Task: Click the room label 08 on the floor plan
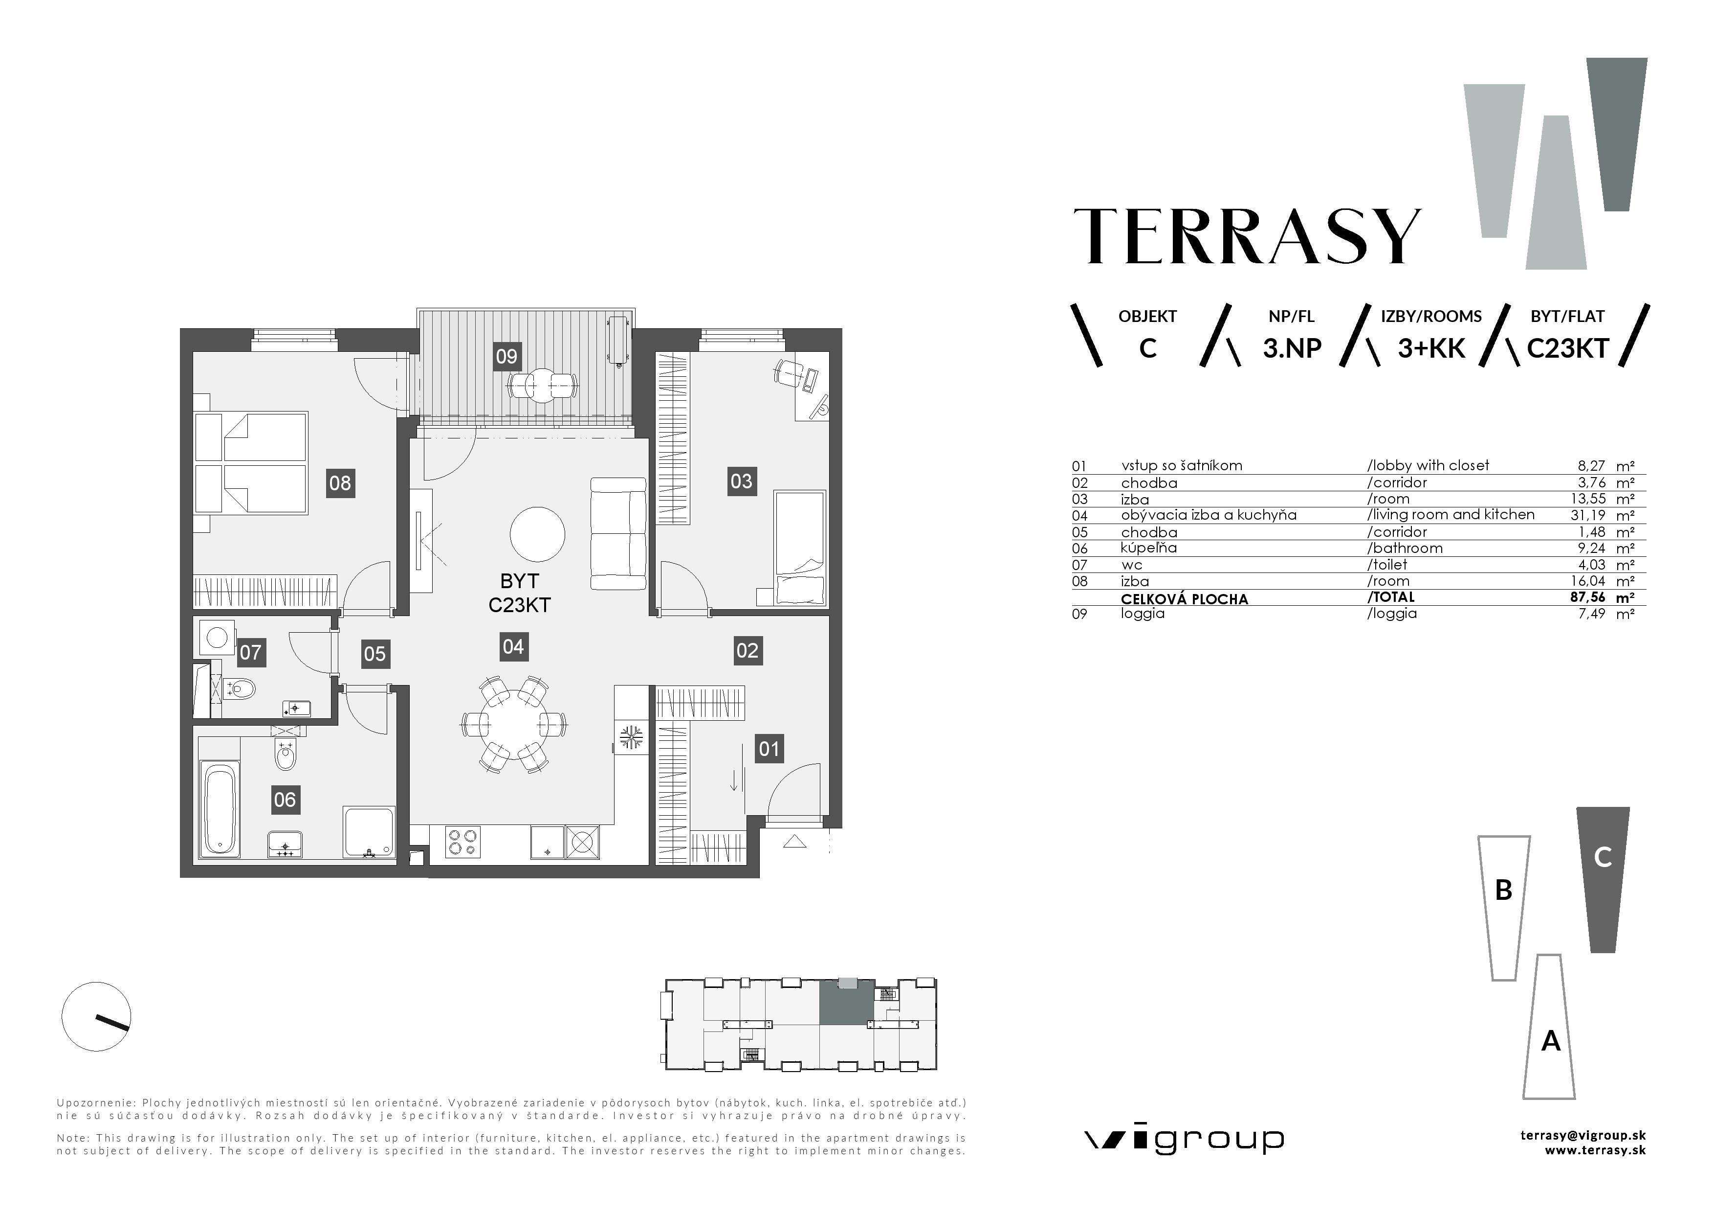tap(340, 483)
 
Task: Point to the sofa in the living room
tap(618, 534)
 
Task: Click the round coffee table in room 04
tap(537, 534)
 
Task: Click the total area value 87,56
tap(1587, 597)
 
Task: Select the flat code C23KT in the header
tap(1566, 349)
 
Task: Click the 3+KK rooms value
tap(1430, 349)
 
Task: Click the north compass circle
tap(96, 1016)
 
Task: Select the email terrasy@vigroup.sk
tap(1583, 1135)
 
